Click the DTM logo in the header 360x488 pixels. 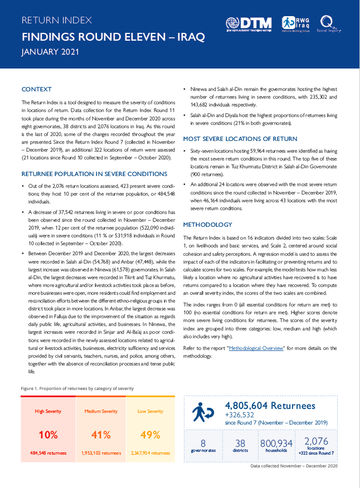tap(249, 24)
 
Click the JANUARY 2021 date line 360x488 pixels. tap(50, 52)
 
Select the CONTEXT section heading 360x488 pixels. tap(36, 89)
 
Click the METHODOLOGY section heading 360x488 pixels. tap(207, 225)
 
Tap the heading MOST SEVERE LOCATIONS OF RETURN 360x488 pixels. tap(240, 139)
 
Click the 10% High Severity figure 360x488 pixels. tap(48, 435)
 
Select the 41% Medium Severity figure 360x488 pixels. tap(101, 435)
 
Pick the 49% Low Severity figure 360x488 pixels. tap(150, 435)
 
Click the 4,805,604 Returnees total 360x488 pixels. tap(270, 406)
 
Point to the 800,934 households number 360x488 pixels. tap(276, 443)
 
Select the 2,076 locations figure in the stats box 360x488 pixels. tap(316, 442)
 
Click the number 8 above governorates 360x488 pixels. tap(203, 443)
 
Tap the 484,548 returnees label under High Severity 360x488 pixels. tap(48, 453)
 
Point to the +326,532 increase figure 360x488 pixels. tap(239, 415)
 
